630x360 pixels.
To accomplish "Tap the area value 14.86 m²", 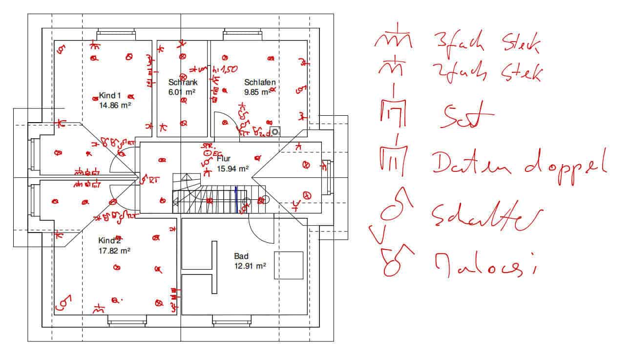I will click(x=115, y=105).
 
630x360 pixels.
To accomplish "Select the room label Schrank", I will click(x=183, y=83).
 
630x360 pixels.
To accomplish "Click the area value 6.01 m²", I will click(x=182, y=91).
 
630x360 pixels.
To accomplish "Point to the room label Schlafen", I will click(x=260, y=82).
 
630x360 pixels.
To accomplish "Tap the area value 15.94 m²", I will click(x=232, y=169).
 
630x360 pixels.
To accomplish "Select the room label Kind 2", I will click(x=109, y=241).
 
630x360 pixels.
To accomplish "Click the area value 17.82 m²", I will click(x=114, y=251).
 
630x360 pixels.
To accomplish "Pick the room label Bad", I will click(x=241, y=256).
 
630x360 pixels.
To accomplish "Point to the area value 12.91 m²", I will click(x=250, y=266).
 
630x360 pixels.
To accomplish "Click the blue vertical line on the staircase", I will click(x=237, y=199).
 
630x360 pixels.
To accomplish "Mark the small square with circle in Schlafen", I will click(x=276, y=131).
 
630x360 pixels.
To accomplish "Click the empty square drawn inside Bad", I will click(x=288, y=265).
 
